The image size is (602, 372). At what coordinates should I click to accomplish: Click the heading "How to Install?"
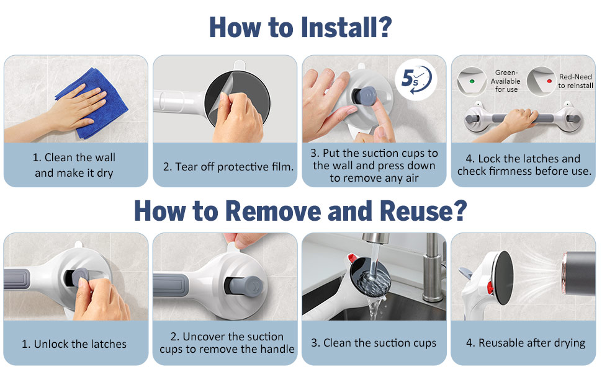pyautogui.click(x=300, y=27)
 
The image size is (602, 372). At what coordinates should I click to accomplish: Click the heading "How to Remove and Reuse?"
pyautogui.click(x=300, y=211)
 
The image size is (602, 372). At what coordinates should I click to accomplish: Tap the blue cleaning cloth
pyautogui.click(x=92, y=104)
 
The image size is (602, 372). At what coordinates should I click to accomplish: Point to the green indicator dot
pyautogui.click(x=472, y=81)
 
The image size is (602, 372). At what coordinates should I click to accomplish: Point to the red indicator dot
pyautogui.click(x=549, y=81)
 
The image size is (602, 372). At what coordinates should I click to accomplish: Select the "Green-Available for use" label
pyautogui.click(x=506, y=81)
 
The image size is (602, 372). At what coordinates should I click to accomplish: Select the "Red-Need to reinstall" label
pyautogui.click(x=575, y=81)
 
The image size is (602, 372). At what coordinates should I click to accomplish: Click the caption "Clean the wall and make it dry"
pyautogui.click(x=74, y=166)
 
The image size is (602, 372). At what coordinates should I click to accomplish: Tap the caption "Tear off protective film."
pyautogui.click(x=228, y=167)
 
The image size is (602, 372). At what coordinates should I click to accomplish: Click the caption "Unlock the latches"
pyautogui.click(x=74, y=344)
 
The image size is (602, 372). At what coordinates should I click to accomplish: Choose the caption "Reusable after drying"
pyautogui.click(x=526, y=343)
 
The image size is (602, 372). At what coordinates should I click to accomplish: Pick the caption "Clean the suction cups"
pyautogui.click(x=374, y=343)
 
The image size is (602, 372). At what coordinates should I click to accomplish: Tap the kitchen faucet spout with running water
pyautogui.click(x=375, y=238)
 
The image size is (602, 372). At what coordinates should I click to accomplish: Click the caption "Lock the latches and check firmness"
pyautogui.click(x=524, y=165)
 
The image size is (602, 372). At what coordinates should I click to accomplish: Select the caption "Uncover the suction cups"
pyautogui.click(x=227, y=343)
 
